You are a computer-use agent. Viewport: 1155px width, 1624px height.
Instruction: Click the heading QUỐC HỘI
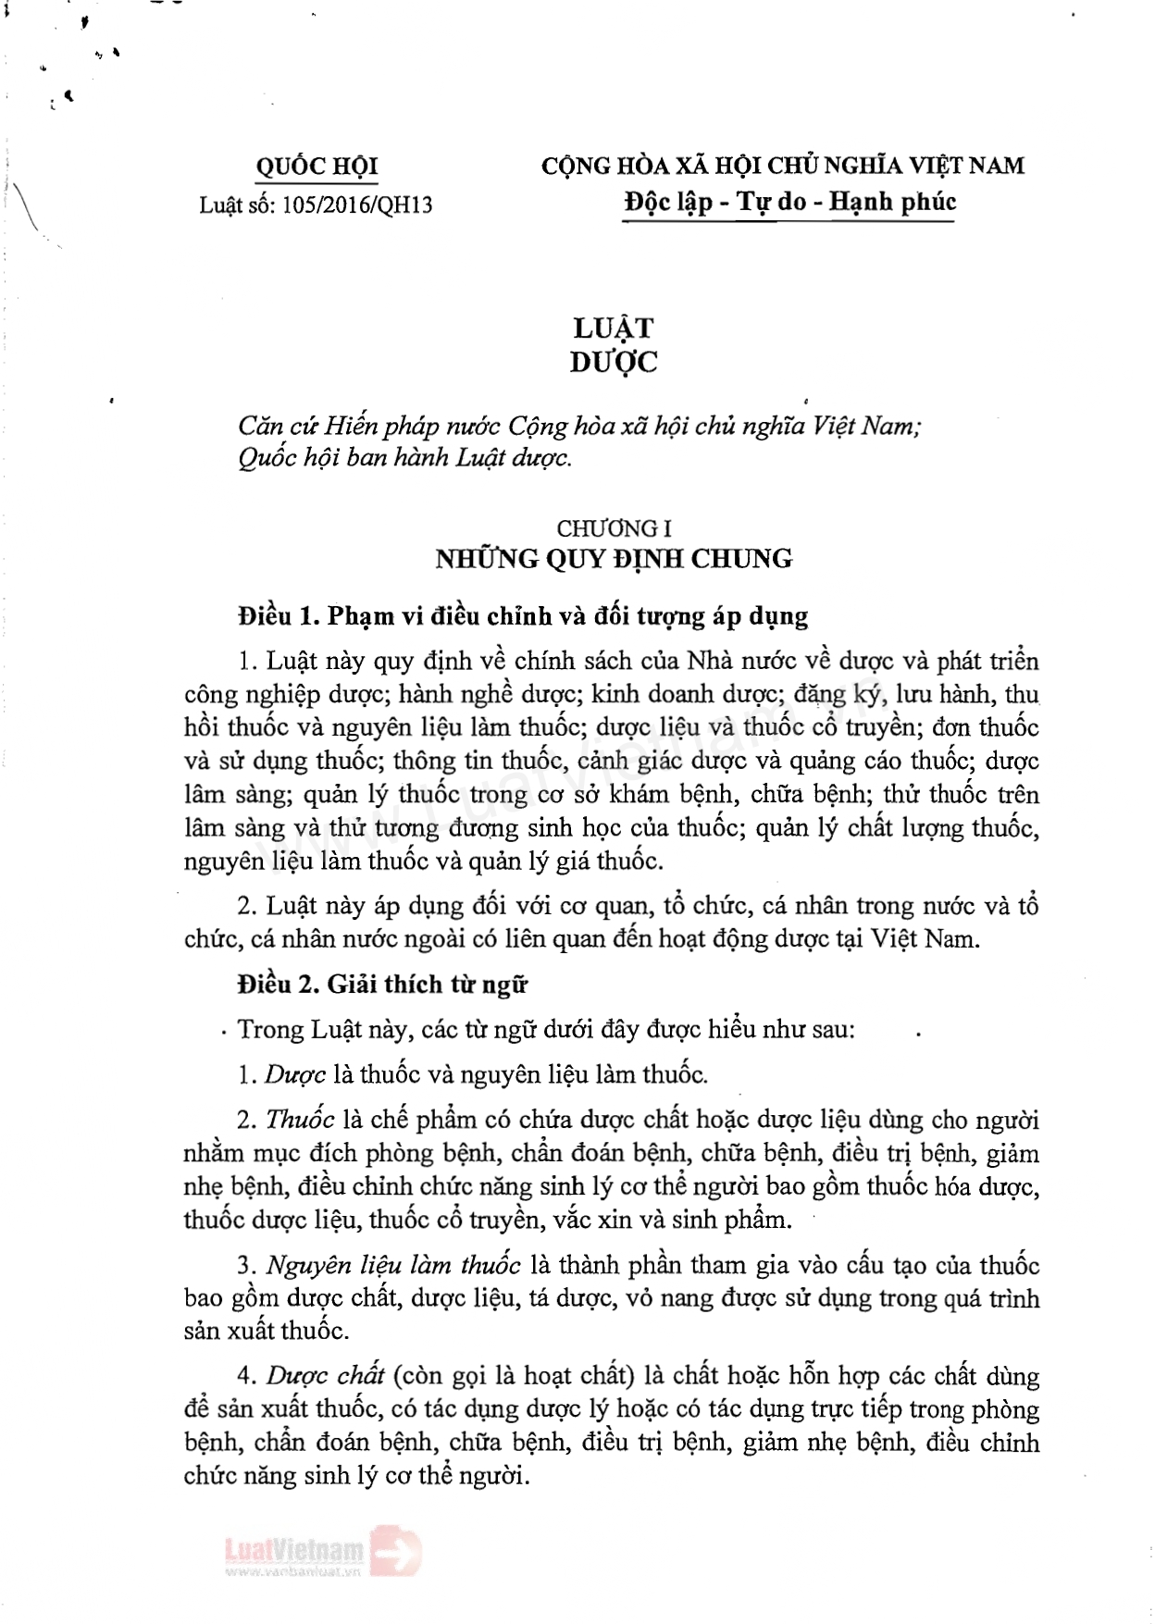(317, 167)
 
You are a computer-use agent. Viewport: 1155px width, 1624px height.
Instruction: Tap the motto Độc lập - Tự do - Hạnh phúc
(789, 202)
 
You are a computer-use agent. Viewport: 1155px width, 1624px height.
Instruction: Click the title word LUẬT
(613, 328)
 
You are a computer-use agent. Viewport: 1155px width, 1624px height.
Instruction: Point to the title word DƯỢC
(614, 362)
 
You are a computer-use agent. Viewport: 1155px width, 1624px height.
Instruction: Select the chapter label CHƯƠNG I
(614, 528)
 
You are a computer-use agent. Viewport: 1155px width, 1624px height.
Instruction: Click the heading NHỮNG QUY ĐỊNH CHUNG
(614, 559)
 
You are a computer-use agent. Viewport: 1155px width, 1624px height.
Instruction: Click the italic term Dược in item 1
(295, 1075)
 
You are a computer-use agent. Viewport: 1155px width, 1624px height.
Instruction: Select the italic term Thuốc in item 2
(300, 1121)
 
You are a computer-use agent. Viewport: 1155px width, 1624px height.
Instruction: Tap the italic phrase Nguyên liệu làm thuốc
(393, 1266)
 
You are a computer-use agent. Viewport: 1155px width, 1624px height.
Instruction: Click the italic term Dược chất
(326, 1376)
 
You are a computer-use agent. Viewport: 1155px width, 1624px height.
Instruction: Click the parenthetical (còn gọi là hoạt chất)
(514, 1376)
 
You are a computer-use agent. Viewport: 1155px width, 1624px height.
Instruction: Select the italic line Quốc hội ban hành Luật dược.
(405, 458)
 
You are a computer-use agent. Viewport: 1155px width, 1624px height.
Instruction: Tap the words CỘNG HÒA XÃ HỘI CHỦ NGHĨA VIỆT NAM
(783, 167)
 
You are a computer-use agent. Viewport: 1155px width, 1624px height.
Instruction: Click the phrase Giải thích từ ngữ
(427, 985)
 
